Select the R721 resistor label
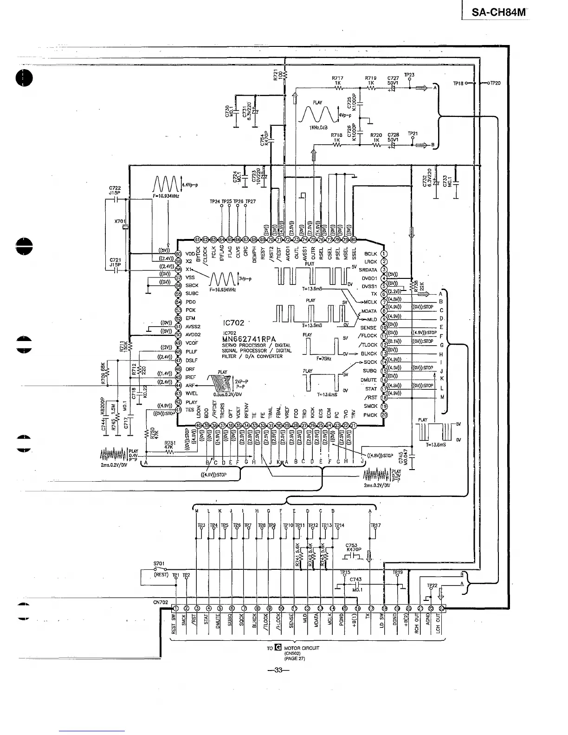[275, 75]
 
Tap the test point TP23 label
[409, 75]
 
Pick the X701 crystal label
[120, 221]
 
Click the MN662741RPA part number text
[250, 339]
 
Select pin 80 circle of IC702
[354, 240]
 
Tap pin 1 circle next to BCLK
[384, 253]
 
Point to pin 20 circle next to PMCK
[384, 415]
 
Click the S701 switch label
[159, 565]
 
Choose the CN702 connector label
[160, 602]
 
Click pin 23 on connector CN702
[441, 608]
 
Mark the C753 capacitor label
[352, 546]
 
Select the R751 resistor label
[169, 443]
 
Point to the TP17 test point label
[375, 525]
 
